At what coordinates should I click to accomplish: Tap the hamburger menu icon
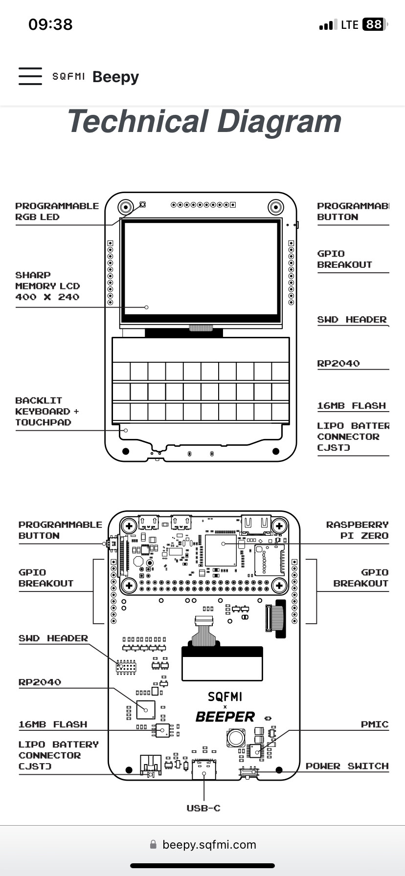(x=30, y=76)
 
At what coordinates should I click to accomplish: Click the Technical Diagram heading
(x=204, y=121)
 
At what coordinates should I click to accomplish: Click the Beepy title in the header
(x=115, y=77)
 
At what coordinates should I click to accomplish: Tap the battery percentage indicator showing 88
(x=374, y=24)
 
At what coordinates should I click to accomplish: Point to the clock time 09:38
(x=50, y=24)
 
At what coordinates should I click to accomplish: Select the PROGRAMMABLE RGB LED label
(x=57, y=211)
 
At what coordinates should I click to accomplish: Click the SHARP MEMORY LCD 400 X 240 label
(x=47, y=286)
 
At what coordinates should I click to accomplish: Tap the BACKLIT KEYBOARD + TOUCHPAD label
(x=46, y=411)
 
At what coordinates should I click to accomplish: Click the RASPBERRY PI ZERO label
(x=357, y=530)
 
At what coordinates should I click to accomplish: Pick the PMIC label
(x=374, y=724)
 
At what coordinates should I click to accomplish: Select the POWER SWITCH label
(x=347, y=766)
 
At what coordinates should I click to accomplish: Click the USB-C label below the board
(x=203, y=808)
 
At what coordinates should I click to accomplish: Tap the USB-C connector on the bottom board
(x=204, y=769)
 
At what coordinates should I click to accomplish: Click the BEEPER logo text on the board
(x=225, y=717)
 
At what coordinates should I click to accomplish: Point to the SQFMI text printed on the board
(x=225, y=697)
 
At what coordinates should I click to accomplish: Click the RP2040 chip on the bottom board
(x=146, y=709)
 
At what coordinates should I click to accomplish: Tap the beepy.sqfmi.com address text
(x=209, y=845)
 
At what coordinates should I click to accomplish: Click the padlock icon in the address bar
(x=153, y=845)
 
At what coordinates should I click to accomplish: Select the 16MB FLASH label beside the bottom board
(x=53, y=724)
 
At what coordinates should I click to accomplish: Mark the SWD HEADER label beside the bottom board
(x=53, y=638)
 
